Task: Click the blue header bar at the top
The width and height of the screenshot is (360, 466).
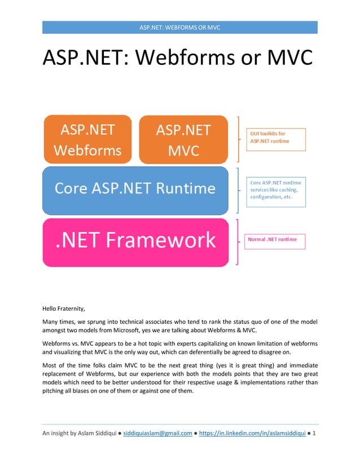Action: point(180,28)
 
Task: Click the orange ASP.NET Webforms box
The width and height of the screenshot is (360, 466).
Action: point(87,139)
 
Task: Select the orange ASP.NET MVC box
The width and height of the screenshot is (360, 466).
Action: point(183,139)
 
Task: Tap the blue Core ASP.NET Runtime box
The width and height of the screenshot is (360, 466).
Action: point(135,189)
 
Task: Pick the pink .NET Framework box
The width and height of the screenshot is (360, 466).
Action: point(135,241)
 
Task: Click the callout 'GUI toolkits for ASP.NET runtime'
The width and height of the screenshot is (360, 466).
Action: point(275,139)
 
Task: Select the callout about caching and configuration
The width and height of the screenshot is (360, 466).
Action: point(275,190)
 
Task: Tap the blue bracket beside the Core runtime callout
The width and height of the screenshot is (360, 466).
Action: point(238,190)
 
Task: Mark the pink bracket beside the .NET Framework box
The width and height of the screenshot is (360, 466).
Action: point(238,241)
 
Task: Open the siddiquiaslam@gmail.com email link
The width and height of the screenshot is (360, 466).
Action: point(157,433)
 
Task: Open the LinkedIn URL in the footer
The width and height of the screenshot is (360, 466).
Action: point(252,433)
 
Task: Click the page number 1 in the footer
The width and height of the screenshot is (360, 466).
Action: point(314,433)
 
